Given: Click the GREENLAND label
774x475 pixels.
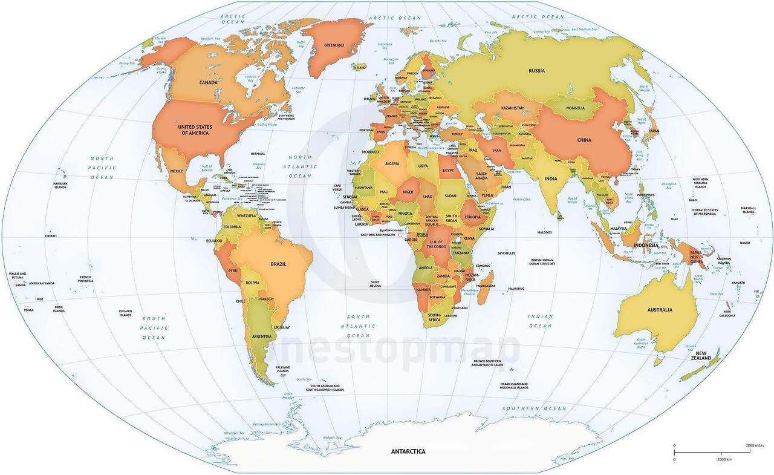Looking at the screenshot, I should pyautogui.click(x=334, y=45).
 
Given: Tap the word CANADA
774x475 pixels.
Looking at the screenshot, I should pyautogui.click(x=209, y=82).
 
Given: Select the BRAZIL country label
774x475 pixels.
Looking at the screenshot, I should pyautogui.click(x=278, y=264).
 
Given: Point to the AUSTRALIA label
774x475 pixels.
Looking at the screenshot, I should pyautogui.click(x=660, y=310).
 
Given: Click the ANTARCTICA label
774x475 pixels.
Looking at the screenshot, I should pyautogui.click(x=408, y=451).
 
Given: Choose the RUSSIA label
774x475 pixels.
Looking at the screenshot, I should pyautogui.click(x=536, y=71).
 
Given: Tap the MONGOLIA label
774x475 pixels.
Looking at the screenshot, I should pyautogui.click(x=575, y=108).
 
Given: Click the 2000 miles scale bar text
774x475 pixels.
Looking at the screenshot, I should pyautogui.click(x=755, y=445).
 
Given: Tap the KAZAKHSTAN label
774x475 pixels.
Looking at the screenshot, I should pyautogui.click(x=512, y=108).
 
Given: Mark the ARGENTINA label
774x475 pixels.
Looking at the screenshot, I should pyautogui.click(x=261, y=336).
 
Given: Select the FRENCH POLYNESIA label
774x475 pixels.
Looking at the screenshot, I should pyautogui.click(x=86, y=279).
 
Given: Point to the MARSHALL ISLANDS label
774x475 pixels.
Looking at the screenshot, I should pyautogui.click(x=748, y=210).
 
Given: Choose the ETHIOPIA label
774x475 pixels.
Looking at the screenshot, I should pyautogui.click(x=472, y=217).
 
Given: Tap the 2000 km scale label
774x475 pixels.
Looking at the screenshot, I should pyautogui.click(x=724, y=459).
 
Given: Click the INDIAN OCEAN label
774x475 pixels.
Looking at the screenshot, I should pyautogui.click(x=540, y=321).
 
